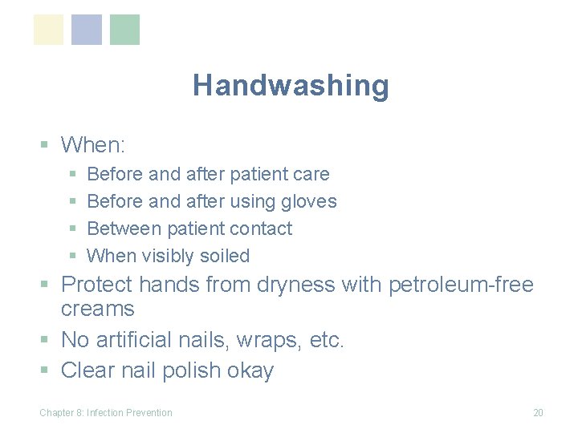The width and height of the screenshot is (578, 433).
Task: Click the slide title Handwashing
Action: (291, 85)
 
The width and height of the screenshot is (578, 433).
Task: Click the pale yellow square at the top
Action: (48, 30)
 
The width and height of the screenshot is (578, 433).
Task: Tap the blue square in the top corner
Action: (87, 30)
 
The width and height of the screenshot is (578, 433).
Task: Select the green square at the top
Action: (124, 30)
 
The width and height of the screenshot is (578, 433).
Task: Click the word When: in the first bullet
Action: (93, 145)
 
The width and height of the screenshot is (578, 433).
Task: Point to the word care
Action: (311, 174)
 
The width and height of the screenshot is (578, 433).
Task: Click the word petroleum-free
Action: (461, 285)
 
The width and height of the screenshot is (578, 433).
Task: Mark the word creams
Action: (98, 309)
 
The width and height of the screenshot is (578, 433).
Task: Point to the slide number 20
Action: (538, 413)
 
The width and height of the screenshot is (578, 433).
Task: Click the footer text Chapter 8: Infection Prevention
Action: (106, 413)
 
